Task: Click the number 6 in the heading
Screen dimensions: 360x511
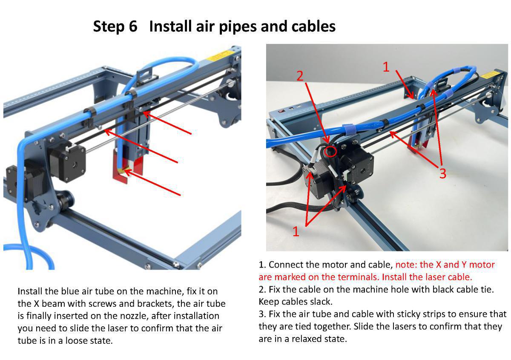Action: [132, 26]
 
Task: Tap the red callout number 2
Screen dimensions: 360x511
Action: [300, 76]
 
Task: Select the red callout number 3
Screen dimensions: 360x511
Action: [442, 174]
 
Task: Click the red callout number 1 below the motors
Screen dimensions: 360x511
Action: [296, 231]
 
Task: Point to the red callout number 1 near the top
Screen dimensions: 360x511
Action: [386, 66]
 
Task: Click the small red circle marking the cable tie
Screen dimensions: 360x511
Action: [330, 151]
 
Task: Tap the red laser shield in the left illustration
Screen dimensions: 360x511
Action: [121, 173]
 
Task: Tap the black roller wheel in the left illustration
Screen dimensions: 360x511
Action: [65, 199]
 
